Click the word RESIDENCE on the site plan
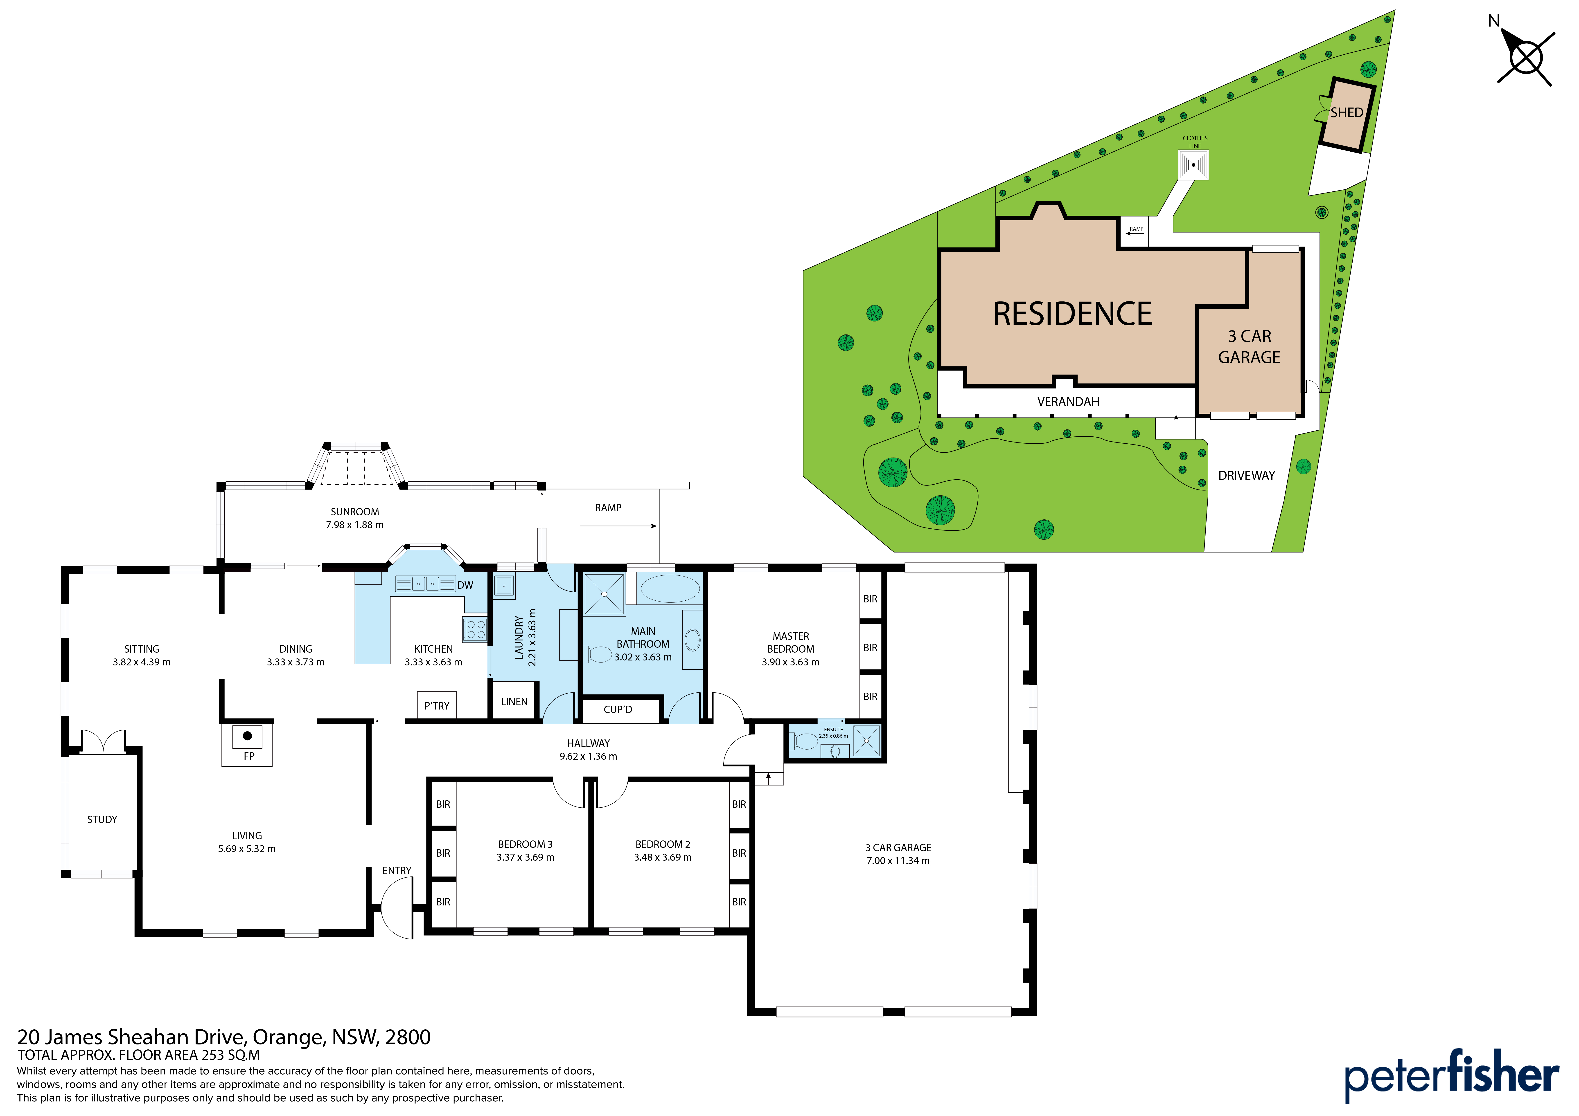pyautogui.click(x=1072, y=314)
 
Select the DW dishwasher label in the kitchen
pyautogui.click(x=465, y=585)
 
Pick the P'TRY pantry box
pyautogui.click(x=437, y=705)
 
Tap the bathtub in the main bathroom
pyautogui.click(x=670, y=589)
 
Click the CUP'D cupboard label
pyautogui.click(x=618, y=710)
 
